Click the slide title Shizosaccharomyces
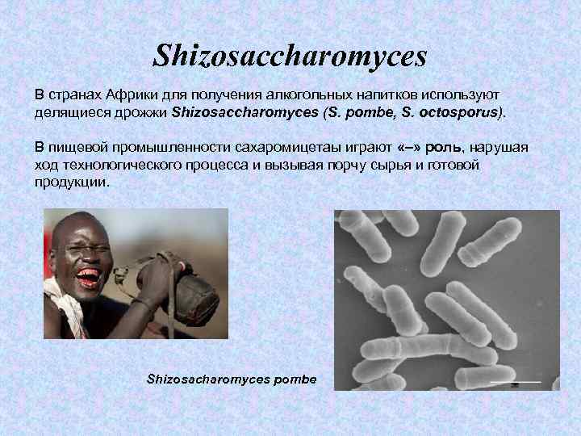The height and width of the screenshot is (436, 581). (x=290, y=56)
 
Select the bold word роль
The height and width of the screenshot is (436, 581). (x=448, y=149)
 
